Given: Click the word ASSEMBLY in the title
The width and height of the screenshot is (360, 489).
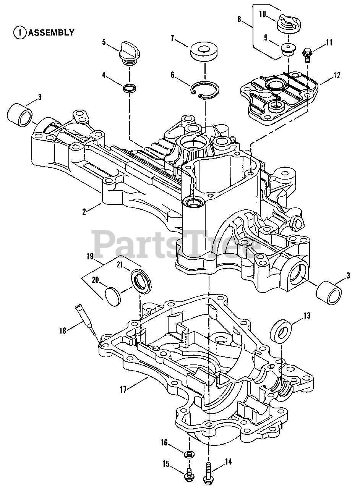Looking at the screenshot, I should [x=51, y=32].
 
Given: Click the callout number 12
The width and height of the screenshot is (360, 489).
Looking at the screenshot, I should [x=336, y=75].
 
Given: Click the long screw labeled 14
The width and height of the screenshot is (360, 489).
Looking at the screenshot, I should [x=208, y=468].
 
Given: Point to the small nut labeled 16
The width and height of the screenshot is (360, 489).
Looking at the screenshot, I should [x=189, y=454].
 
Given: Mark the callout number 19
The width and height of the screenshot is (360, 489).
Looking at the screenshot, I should [x=90, y=257].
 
